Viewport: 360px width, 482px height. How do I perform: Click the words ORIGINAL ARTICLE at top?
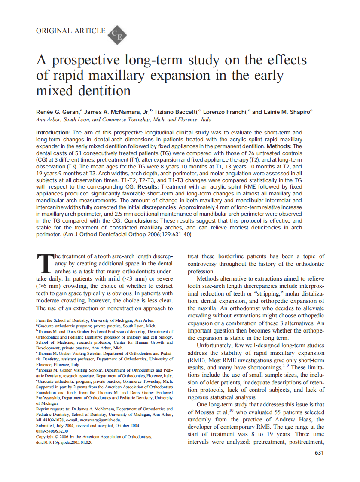click(x=70, y=31)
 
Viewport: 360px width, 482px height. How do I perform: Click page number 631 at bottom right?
click(x=319, y=453)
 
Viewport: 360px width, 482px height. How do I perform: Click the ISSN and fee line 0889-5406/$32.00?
click(x=52, y=431)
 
